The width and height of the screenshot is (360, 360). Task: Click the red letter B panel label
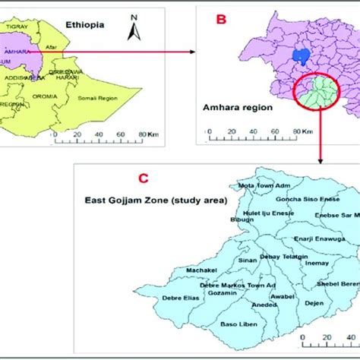(x=222, y=21)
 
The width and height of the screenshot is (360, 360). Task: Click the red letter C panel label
(x=142, y=179)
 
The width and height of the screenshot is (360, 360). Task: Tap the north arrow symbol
(x=134, y=28)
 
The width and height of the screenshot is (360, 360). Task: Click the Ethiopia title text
(x=84, y=24)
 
